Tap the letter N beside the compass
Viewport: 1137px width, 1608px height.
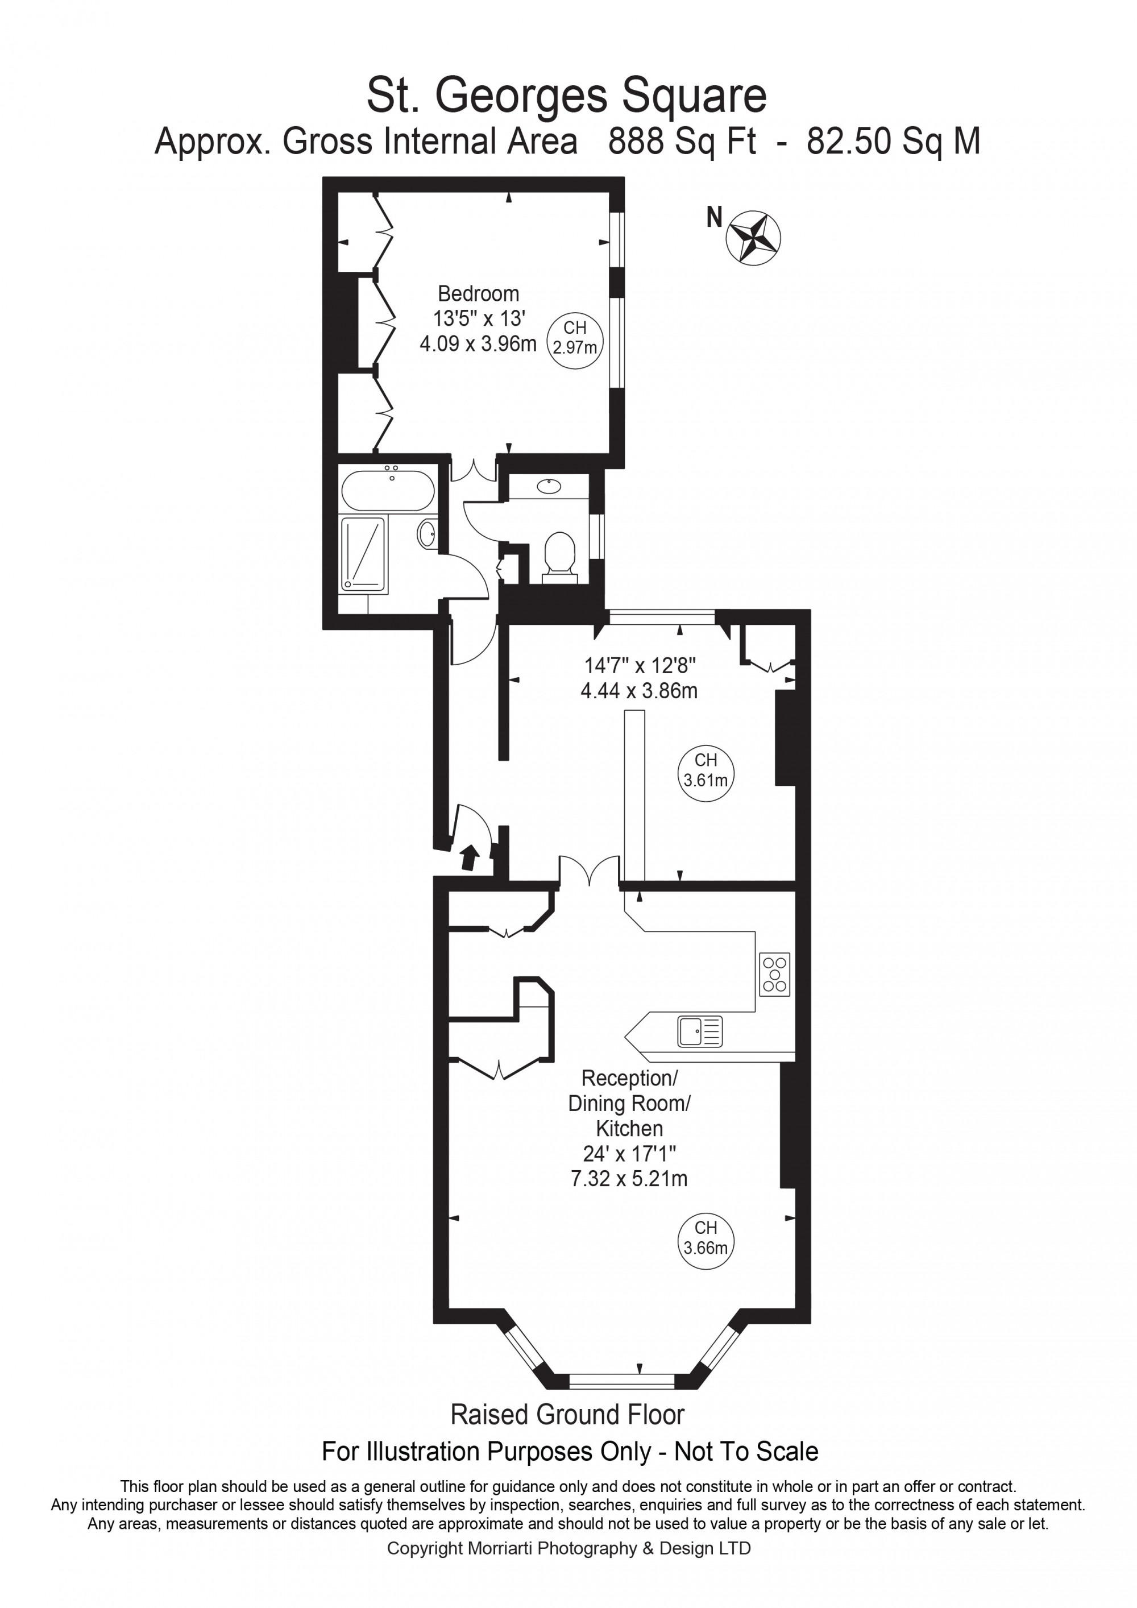click(714, 218)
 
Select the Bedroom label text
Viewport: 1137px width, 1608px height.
click(478, 293)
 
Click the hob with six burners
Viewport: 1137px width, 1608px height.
click(774, 974)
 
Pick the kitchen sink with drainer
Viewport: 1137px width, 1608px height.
click(699, 1031)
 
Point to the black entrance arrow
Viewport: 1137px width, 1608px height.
click(469, 857)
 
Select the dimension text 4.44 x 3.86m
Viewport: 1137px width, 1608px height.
click(638, 691)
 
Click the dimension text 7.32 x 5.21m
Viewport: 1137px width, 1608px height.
click(629, 1179)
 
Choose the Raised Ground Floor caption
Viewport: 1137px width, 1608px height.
click(567, 1415)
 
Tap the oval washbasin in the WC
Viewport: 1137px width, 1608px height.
click(549, 486)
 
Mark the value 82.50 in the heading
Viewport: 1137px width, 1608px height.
click(849, 142)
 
